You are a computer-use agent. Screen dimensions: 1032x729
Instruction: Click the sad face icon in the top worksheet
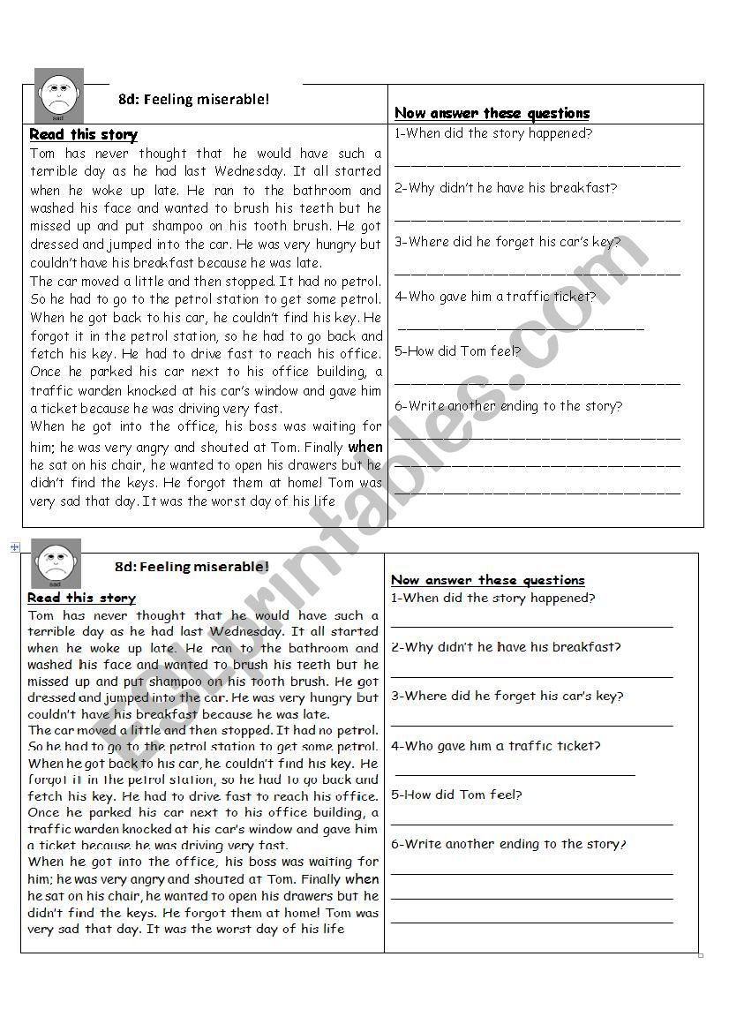coord(58,93)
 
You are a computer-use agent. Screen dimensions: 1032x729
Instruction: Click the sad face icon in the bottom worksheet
coord(56,564)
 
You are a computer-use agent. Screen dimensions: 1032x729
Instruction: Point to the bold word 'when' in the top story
coord(364,447)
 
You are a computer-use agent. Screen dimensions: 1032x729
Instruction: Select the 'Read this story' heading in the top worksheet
coord(84,135)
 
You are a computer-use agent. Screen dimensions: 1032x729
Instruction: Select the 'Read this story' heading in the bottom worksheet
coord(81,598)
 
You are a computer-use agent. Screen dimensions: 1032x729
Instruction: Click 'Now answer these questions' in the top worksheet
coord(492,113)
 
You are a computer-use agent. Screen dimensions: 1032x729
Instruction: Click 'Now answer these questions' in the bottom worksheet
coord(487,580)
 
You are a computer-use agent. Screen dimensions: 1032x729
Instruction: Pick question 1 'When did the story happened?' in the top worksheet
coord(493,133)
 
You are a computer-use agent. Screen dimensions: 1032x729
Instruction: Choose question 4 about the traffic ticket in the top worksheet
coord(495,297)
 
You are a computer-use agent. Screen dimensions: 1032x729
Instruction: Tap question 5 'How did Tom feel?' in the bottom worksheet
coord(456,795)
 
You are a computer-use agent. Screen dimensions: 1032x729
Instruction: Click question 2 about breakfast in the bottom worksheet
coord(506,647)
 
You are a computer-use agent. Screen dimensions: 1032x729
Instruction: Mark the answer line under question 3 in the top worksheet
coord(537,273)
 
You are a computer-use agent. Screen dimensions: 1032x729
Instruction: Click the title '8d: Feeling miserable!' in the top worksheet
coord(193,100)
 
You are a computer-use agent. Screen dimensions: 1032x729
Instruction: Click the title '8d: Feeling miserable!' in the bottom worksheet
coord(192,567)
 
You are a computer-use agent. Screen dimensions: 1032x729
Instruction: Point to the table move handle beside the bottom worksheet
coord(15,548)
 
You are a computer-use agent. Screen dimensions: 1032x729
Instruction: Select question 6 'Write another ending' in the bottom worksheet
coord(508,844)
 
